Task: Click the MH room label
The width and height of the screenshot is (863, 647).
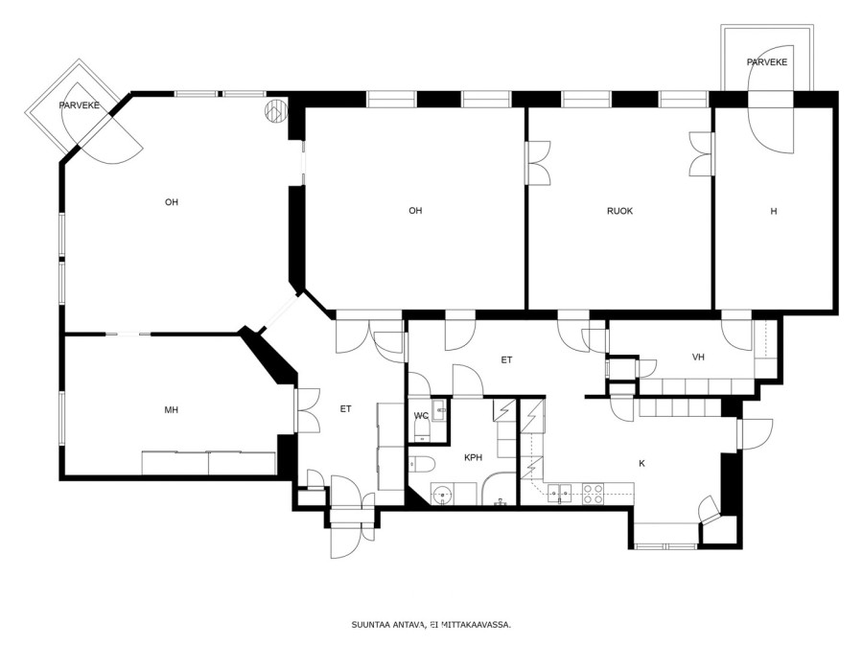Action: click(172, 410)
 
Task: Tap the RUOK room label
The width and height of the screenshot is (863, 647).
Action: click(619, 211)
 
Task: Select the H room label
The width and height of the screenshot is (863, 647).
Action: click(773, 211)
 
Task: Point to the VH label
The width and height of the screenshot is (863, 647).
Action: click(698, 358)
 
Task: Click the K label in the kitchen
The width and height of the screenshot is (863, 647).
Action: click(641, 463)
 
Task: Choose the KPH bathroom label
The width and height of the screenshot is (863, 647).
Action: click(473, 457)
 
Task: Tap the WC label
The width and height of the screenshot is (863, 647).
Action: click(421, 415)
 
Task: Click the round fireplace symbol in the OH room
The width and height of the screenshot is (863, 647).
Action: click(276, 110)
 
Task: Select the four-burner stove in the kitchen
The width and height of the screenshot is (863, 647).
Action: click(594, 494)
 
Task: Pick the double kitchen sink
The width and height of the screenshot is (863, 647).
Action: click(560, 493)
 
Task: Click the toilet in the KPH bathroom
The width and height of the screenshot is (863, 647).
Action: click(422, 465)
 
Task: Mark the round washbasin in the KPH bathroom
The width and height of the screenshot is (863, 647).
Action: click(442, 494)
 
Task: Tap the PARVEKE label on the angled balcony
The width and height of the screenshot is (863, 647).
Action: click(80, 105)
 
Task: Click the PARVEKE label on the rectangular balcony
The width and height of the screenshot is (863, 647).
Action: click(767, 62)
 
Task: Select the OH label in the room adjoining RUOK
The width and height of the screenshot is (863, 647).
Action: click(415, 211)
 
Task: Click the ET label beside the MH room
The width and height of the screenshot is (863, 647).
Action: click(345, 408)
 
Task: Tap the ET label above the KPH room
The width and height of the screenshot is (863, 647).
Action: click(506, 360)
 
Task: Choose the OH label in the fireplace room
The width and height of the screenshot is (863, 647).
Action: click(172, 202)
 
